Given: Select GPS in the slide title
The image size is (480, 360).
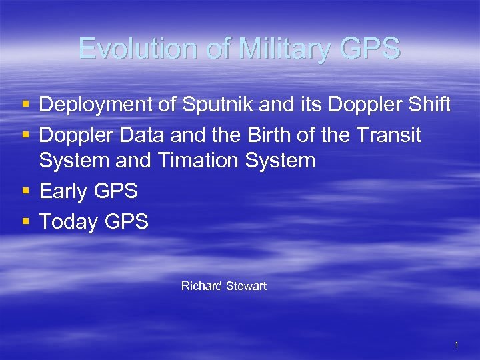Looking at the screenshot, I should (368, 49).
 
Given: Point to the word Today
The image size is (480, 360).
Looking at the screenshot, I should (68, 221).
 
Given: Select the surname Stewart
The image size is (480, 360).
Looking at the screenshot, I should (246, 286).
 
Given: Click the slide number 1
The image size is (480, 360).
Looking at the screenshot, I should (456, 345).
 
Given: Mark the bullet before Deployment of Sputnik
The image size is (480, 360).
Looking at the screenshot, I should (25, 105).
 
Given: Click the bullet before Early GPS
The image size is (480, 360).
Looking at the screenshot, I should (25, 192).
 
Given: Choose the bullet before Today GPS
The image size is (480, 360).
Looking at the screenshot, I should (25, 222).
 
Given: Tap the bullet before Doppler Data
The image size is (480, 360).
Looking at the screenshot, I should (25, 136).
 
